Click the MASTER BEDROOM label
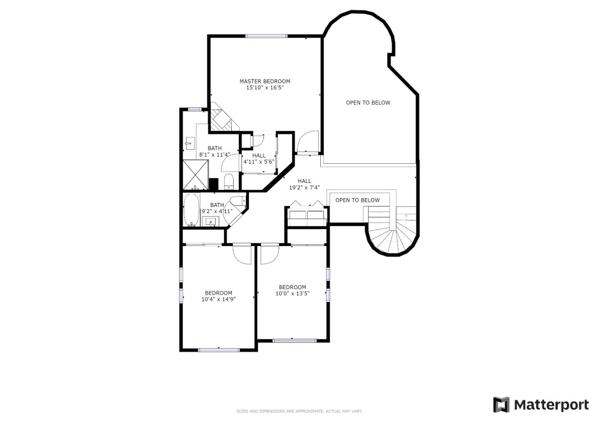click(265, 81)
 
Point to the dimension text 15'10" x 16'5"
click(265, 88)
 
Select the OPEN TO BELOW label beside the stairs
click(358, 200)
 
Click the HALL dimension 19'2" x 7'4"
click(304, 187)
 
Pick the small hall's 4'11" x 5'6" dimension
click(259, 162)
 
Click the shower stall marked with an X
click(196, 175)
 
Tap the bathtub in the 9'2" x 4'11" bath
click(191, 210)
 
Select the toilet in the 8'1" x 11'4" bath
click(229, 181)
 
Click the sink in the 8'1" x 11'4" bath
click(190, 143)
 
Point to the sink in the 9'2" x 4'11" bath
click(211, 221)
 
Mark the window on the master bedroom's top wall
click(266, 36)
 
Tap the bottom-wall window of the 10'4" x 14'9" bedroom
click(219, 350)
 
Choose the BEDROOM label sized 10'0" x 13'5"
click(292, 287)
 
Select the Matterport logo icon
click(501, 405)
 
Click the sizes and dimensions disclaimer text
click(299, 411)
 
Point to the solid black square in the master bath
click(214, 184)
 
